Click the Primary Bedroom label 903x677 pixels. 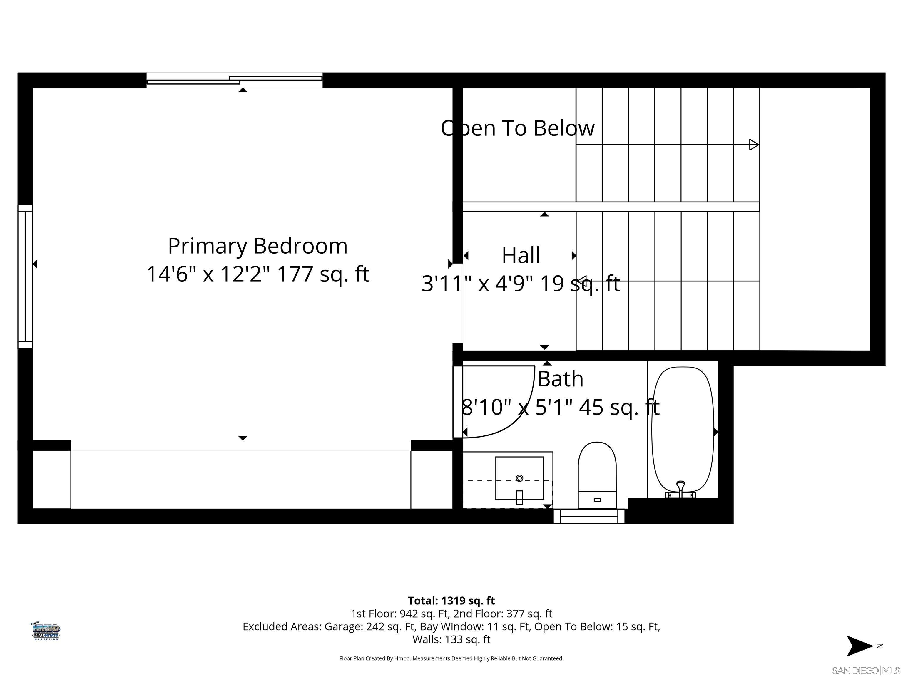257,246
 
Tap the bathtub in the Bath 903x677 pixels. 683,428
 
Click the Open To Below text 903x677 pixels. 518,128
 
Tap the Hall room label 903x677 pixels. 521,255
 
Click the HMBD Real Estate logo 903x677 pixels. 46,631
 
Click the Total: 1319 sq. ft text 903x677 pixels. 451,601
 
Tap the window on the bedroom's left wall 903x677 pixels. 25,276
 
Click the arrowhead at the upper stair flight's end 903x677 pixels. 754,145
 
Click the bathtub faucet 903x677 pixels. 680,488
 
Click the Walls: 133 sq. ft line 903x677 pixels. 451,639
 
